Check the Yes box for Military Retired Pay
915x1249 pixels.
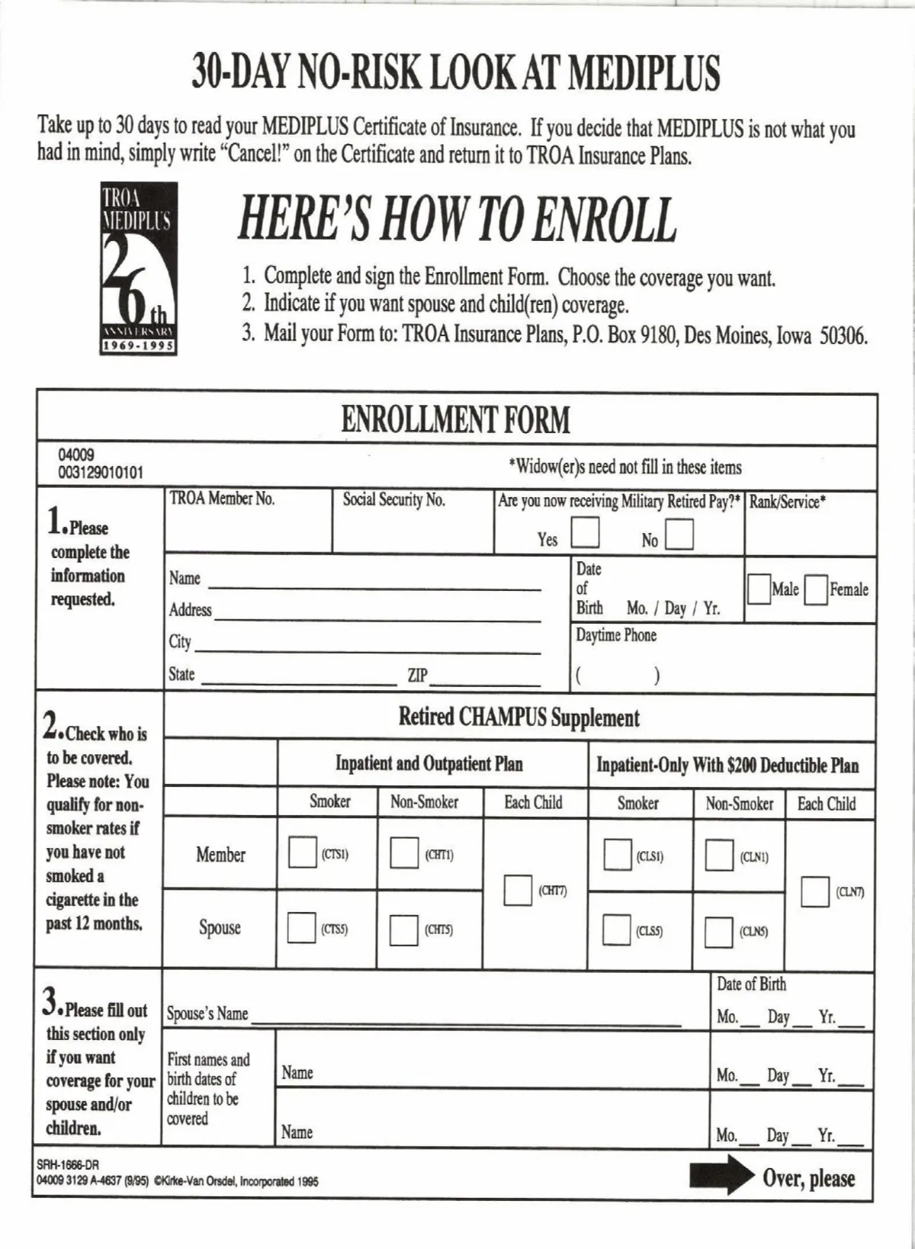[x=586, y=533]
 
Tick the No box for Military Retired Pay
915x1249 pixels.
[x=679, y=535]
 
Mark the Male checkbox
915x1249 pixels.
[x=759, y=589]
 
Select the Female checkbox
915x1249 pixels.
[x=816, y=589]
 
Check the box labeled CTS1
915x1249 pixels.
[x=302, y=852]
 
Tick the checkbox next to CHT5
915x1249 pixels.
[x=403, y=930]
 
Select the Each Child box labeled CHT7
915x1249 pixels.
[x=518, y=891]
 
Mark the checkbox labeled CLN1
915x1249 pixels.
[x=718, y=856]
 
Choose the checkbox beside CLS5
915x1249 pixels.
[x=616, y=930]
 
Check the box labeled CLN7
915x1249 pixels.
[x=814, y=892]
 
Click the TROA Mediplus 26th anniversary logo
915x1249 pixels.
[x=140, y=268]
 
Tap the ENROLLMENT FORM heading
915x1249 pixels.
[x=455, y=420]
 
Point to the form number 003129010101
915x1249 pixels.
[x=101, y=473]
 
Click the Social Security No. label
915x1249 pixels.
[x=393, y=500]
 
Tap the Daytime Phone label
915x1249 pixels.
[x=616, y=635]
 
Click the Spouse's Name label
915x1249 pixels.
[x=207, y=1013]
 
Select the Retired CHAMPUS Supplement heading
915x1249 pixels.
[x=518, y=718]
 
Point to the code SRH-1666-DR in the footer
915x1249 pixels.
[x=68, y=1165]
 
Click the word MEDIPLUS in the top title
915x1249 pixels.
[x=644, y=73]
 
